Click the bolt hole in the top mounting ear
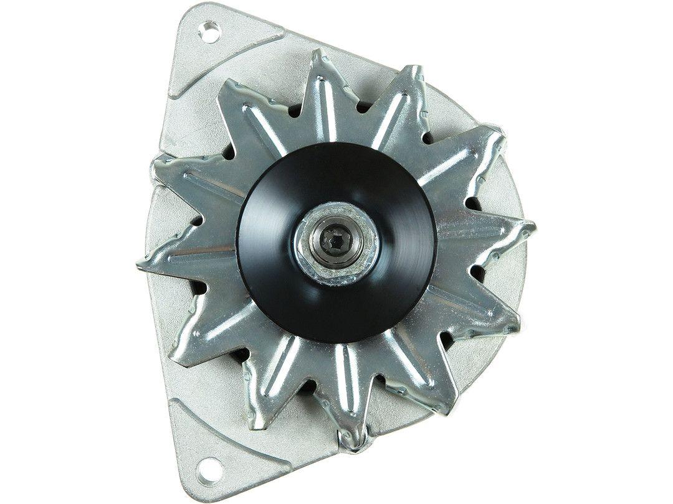[211, 32]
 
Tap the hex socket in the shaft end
[338, 240]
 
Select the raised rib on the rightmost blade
[486, 233]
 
